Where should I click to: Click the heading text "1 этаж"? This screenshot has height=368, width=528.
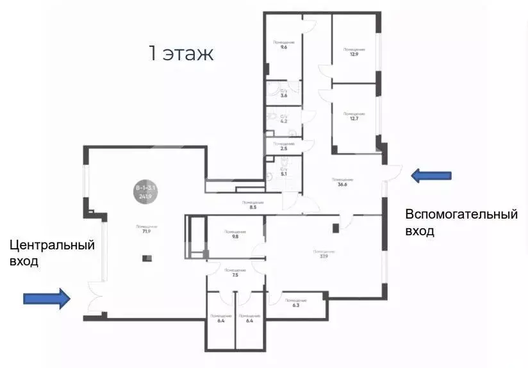click(181, 54)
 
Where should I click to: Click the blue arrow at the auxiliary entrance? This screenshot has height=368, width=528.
click(431, 175)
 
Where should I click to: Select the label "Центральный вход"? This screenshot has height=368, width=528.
click(51, 253)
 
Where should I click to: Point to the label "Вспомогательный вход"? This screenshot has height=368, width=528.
click(461, 222)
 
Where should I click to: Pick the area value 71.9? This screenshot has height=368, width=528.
click(147, 231)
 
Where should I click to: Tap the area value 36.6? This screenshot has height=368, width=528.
click(342, 185)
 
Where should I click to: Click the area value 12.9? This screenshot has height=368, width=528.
click(354, 54)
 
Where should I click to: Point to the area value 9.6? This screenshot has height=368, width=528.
click(283, 47)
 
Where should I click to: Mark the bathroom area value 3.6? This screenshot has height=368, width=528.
click(283, 96)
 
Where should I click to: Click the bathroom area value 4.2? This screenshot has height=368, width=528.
click(283, 121)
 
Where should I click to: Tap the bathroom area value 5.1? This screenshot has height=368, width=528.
click(283, 174)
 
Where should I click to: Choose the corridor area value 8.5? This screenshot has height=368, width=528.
click(253, 208)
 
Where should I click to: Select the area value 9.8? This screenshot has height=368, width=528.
click(235, 236)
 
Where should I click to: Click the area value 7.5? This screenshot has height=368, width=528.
click(235, 274)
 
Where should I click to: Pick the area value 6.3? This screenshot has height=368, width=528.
click(295, 305)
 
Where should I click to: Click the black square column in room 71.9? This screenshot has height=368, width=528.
click(147, 258)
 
